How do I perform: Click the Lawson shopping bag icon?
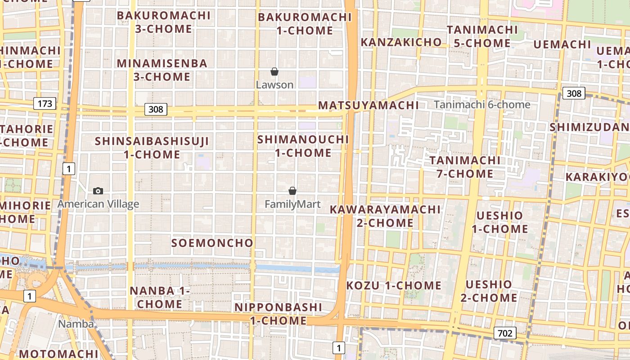[x=274, y=72]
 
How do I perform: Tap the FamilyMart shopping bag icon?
[x=292, y=191]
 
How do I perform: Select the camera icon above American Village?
[x=98, y=191]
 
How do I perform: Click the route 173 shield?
[x=45, y=104]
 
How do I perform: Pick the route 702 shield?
[x=505, y=333]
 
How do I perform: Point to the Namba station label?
[x=76, y=324]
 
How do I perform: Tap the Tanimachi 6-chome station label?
[x=482, y=105]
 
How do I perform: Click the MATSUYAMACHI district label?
[x=368, y=106]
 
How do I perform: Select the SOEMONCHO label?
[x=212, y=243]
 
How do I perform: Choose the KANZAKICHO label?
[x=401, y=42]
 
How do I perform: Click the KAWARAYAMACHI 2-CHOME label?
[x=385, y=216]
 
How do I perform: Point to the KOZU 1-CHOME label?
[x=394, y=285]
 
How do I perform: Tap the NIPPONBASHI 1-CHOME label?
[x=279, y=314]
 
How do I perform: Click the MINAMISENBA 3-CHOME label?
[x=162, y=70]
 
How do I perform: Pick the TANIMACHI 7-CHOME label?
[x=464, y=167]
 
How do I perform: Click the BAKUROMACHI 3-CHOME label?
[x=164, y=22]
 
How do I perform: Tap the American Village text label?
[x=98, y=204]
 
